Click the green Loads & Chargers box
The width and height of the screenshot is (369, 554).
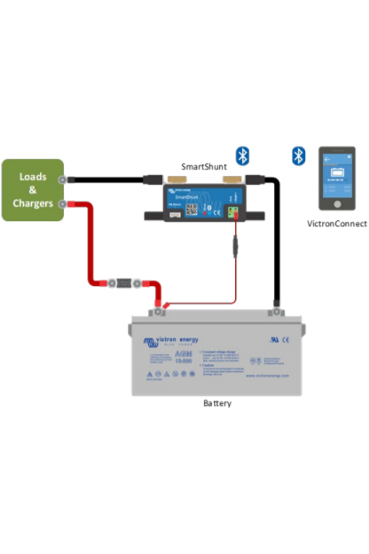(32, 190)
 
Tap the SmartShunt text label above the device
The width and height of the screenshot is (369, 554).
(204, 167)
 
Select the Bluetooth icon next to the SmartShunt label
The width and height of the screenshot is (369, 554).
(242, 156)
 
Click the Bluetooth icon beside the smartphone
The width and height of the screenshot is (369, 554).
(299, 156)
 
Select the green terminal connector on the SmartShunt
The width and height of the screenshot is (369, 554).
(233, 211)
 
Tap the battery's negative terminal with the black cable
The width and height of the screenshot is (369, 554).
(277, 310)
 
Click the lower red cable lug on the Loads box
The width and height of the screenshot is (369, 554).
(63, 204)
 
